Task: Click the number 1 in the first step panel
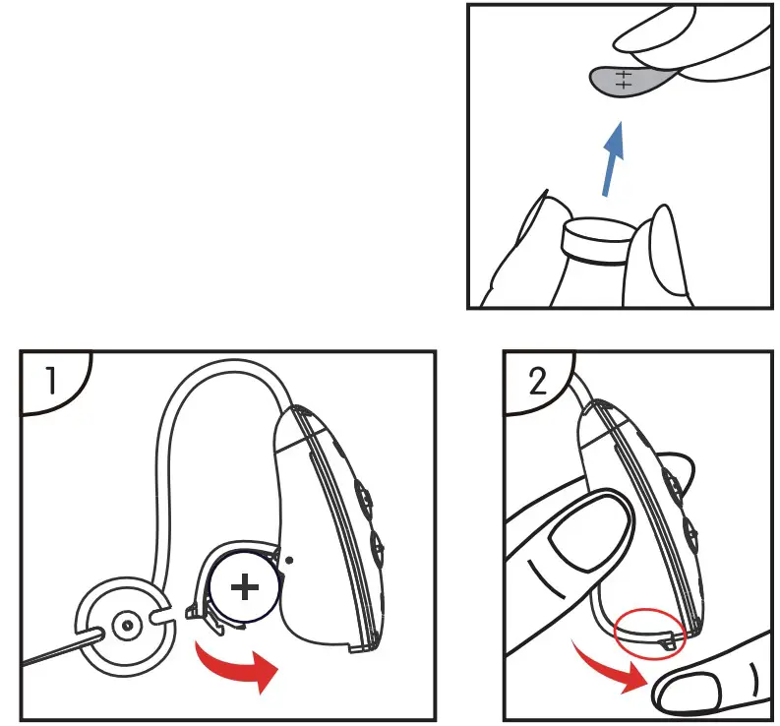click(44, 379)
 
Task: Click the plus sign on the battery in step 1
click(244, 588)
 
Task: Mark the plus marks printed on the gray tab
click(621, 79)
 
